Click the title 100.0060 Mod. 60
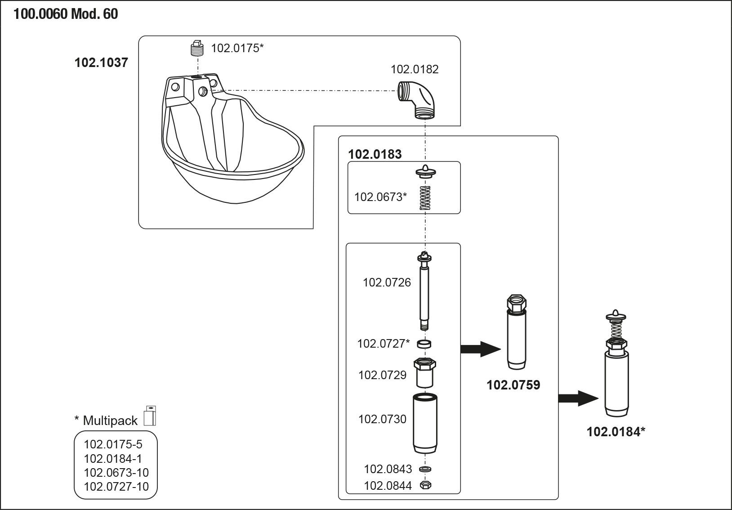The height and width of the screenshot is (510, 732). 66,14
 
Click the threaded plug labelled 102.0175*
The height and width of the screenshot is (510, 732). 196,48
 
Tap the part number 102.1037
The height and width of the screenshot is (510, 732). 101,63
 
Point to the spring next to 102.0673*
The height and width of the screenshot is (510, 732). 425,198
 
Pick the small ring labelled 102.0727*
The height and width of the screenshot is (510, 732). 424,344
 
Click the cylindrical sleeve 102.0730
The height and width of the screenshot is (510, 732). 425,423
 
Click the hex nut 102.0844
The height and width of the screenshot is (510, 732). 425,485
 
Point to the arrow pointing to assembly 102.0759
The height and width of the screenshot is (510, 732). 480,349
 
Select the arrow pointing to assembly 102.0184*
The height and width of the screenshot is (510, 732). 578,398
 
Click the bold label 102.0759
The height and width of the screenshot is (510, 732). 513,385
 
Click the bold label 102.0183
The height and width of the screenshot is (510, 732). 375,154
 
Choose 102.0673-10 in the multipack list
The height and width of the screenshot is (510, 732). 116,473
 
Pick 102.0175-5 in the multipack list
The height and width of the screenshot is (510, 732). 113,444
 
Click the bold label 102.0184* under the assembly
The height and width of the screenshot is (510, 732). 616,432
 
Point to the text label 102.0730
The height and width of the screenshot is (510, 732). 382,419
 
